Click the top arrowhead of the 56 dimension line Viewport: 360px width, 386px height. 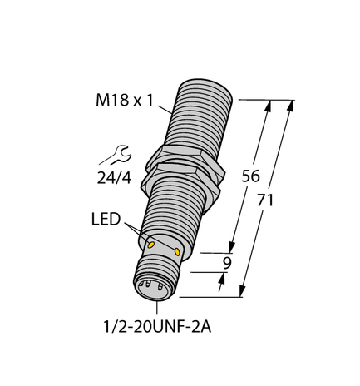(x=267, y=106)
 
